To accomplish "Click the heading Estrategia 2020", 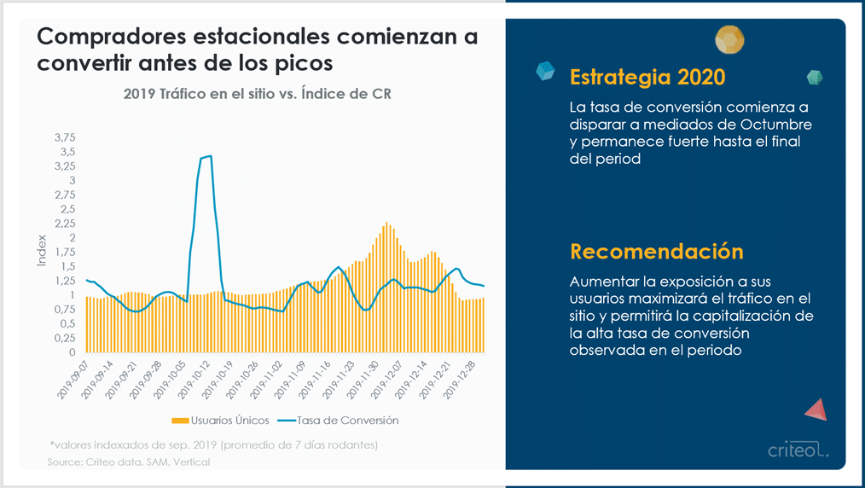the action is click(647, 77).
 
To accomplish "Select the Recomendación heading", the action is click(657, 252).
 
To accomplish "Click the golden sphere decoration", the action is click(729, 40).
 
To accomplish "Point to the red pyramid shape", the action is click(816, 410).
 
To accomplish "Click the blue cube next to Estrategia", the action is click(545, 71).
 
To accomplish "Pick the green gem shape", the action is click(815, 77).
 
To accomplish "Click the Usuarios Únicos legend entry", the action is click(221, 421).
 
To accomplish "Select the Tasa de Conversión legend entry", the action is click(338, 421).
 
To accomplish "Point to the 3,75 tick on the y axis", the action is click(65, 138).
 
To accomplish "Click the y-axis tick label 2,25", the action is click(65, 224).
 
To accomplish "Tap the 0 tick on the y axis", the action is click(73, 352).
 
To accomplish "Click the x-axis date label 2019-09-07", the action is click(74, 381).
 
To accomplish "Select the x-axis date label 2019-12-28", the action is click(462, 381).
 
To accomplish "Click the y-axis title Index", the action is click(42, 251).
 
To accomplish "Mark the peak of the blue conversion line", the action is click(210, 156).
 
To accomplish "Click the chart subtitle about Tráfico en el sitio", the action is click(258, 94).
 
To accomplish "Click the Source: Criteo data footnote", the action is click(129, 462).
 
